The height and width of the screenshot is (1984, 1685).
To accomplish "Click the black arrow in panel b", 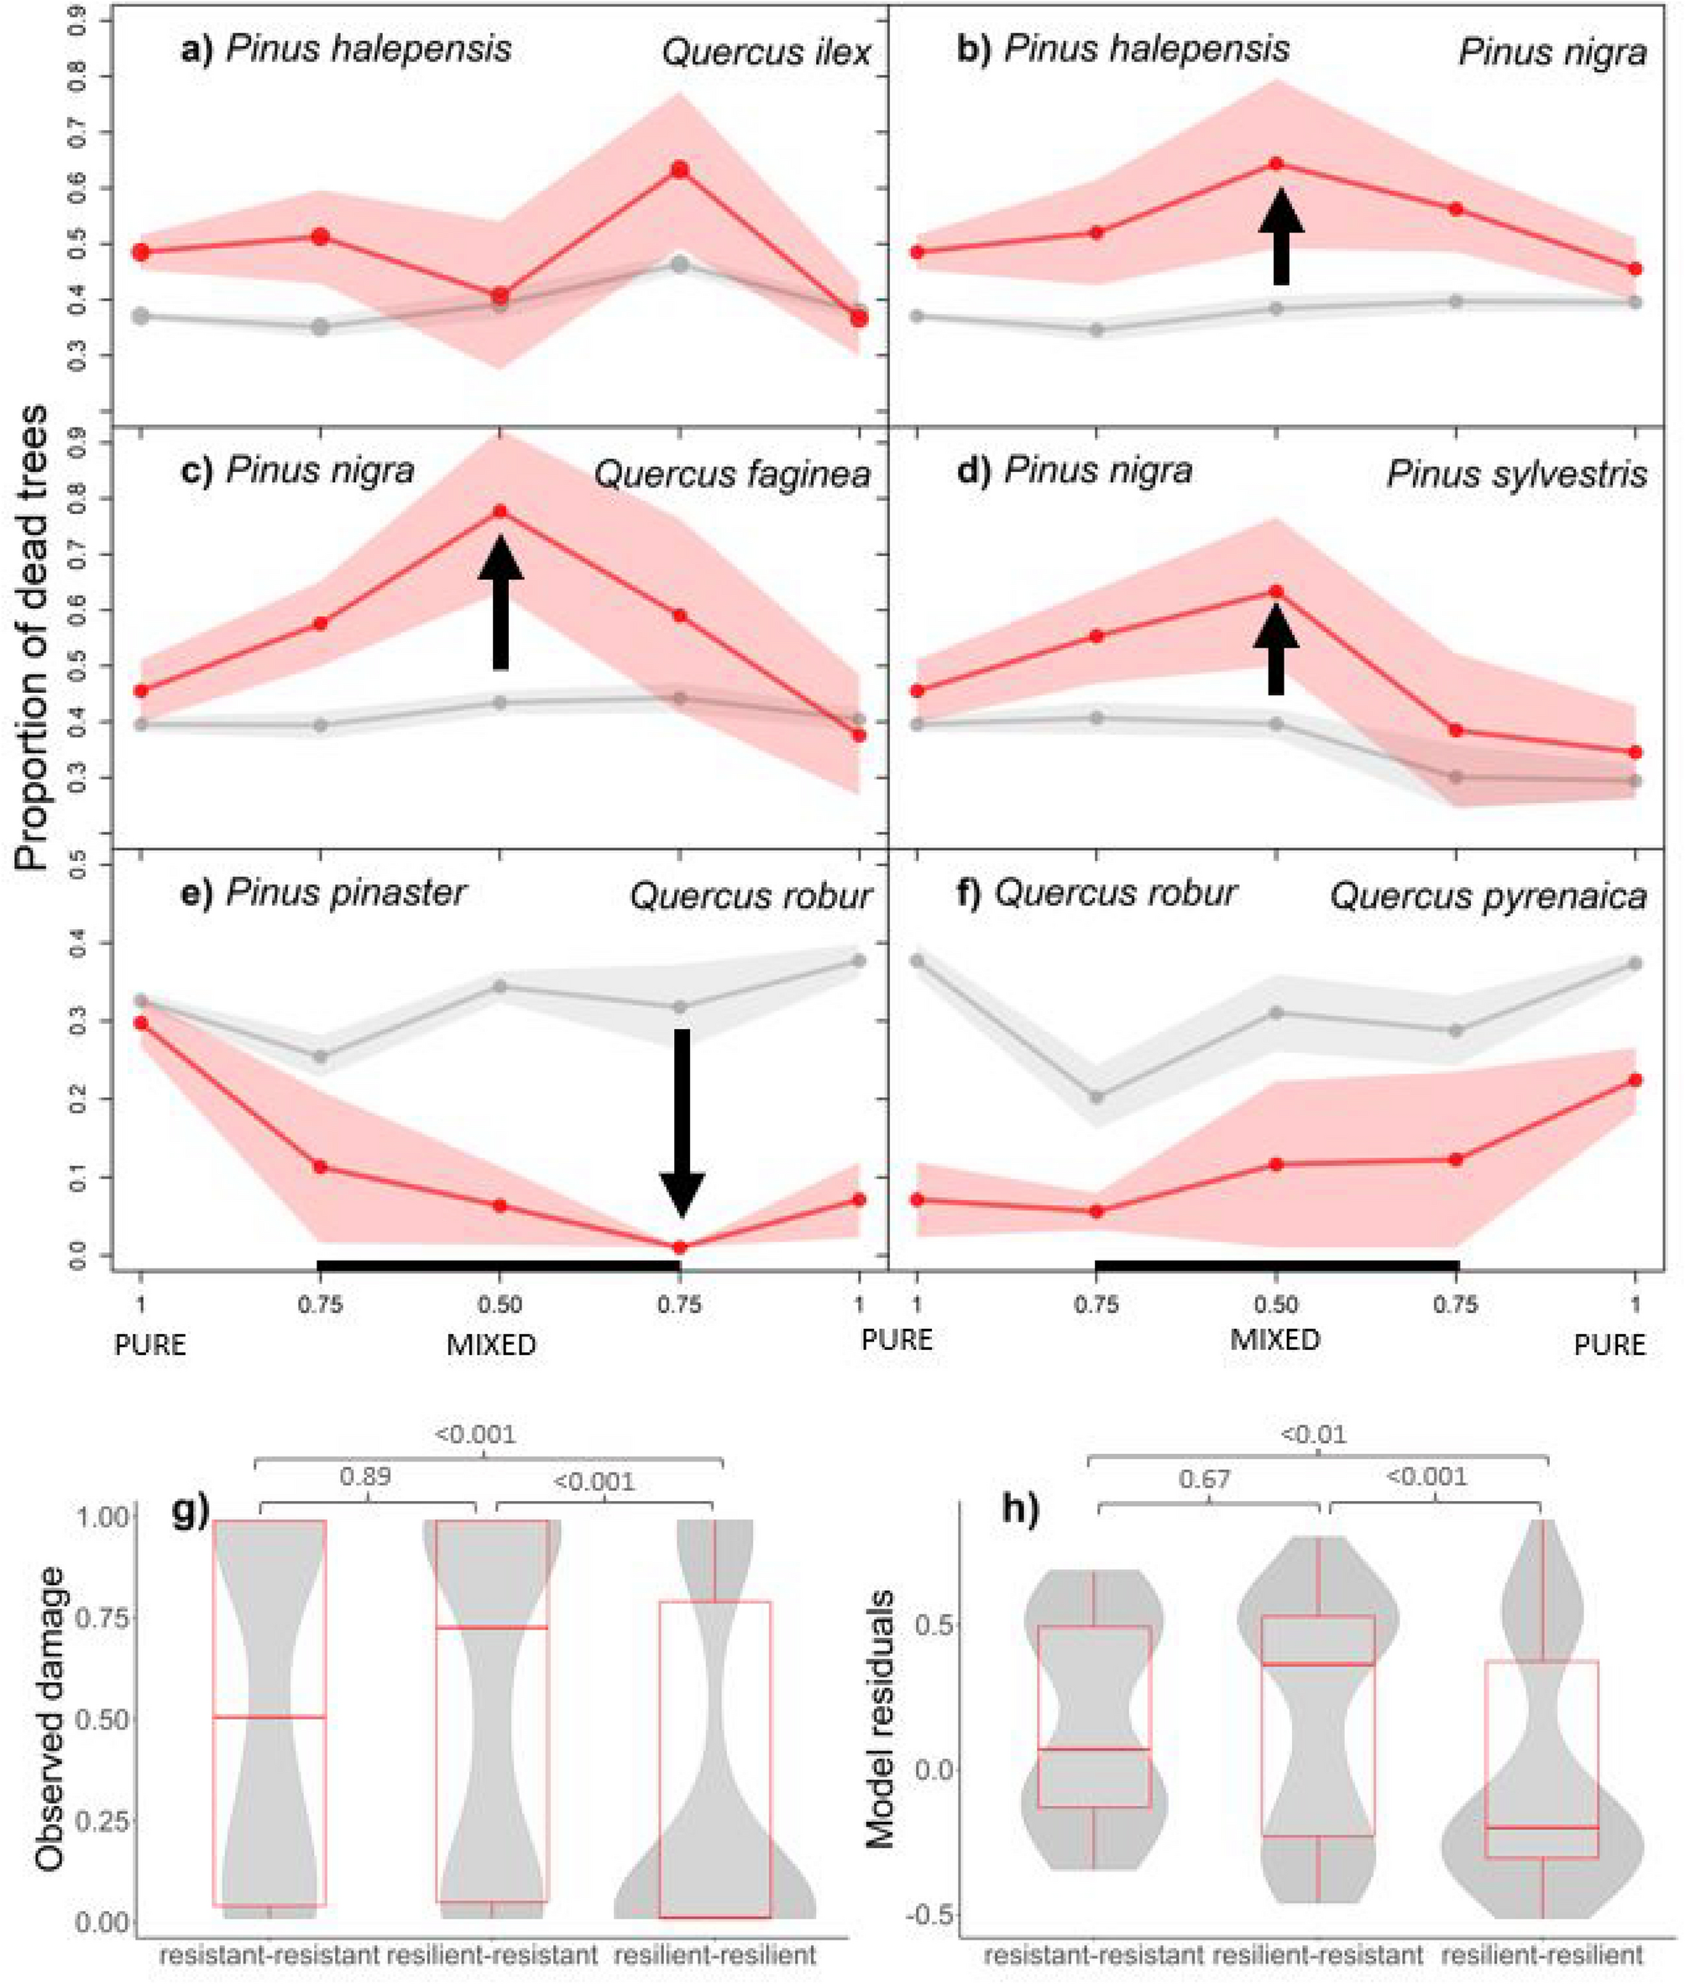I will click(x=1281, y=236).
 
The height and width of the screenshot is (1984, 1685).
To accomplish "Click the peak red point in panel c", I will click(x=500, y=512).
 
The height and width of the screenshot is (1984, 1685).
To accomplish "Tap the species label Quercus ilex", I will click(x=766, y=53).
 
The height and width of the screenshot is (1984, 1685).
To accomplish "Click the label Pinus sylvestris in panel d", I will click(x=1517, y=474).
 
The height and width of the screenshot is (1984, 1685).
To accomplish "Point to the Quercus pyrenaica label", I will click(x=1489, y=896).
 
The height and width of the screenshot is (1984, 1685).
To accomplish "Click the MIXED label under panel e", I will click(x=491, y=1346).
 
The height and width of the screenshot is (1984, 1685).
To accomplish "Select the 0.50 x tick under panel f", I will click(x=1276, y=1304).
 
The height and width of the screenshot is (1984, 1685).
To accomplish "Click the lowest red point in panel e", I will click(x=680, y=1247).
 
